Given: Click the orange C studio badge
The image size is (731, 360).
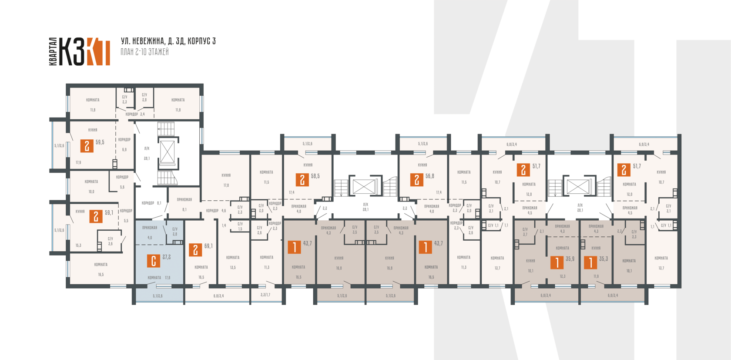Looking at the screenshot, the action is (153, 261).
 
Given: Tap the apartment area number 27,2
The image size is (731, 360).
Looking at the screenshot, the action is (166, 257).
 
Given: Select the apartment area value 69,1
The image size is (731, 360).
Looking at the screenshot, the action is (208, 246).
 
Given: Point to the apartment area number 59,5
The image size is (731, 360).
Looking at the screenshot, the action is (100, 142).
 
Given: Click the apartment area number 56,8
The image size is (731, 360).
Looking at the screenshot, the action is (430, 176).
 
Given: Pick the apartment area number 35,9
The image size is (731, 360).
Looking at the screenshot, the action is (570, 259).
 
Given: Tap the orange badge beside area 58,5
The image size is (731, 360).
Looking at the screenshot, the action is (302, 180).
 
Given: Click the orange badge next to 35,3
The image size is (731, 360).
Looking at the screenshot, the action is (590, 262).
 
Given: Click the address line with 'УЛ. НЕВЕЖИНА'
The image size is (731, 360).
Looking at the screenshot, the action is (168, 41).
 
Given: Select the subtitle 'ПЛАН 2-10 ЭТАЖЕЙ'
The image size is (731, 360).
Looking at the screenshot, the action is (144, 52).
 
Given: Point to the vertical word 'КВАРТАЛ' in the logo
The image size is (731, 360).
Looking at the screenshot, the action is (53, 51).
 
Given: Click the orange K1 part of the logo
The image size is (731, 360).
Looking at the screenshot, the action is (98, 52).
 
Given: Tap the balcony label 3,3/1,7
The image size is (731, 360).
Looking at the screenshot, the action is (265, 295).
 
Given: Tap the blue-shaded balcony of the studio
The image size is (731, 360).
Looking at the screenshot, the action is (158, 296).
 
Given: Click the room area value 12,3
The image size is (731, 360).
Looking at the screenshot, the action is (563, 276).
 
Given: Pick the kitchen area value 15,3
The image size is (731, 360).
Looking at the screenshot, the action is (78, 246).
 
